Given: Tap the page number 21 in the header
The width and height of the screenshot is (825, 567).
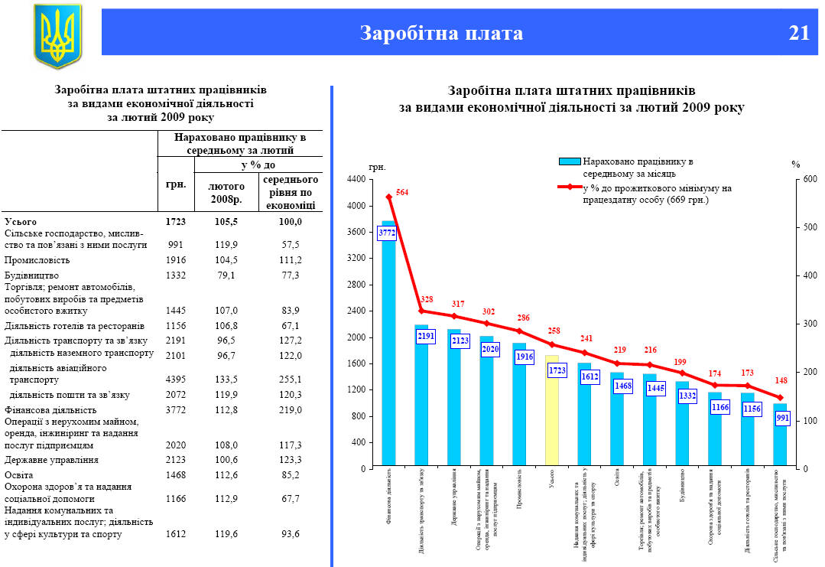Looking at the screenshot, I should pyautogui.click(x=799, y=33).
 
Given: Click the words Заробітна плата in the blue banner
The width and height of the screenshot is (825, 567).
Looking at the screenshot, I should pyautogui.click(x=442, y=33).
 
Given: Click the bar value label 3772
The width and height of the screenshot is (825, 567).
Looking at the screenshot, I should pyautogui.click(x=387, y=233).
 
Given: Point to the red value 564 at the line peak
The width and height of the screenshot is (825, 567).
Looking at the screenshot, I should pyautogui.click(x=402, y=192).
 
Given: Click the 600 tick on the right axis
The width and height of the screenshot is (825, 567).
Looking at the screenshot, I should pyautogui.click(x=810, y=179).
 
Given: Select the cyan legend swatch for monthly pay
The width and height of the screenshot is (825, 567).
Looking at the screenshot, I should pyautogui.click(x=570, y=161).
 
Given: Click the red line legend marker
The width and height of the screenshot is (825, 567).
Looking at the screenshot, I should pyautogui.click(x=570, y=187).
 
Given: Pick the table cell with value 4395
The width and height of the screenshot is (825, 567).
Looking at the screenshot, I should pyautogui.click(x=176, y=379).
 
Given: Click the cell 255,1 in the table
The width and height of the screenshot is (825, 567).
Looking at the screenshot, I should pyautogui.click(x=290, y=379).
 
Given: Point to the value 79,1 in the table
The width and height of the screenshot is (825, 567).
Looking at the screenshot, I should pyautogui.click(x=226, y=275).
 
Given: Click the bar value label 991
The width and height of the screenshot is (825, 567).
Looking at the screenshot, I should pyautogui.click(x=782, y=419).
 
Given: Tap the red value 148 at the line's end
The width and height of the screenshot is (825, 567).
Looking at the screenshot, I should pyautogui.click(x=780, y=380).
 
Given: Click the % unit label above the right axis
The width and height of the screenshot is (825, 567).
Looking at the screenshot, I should pyautogui.click(x=796, y=165).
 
